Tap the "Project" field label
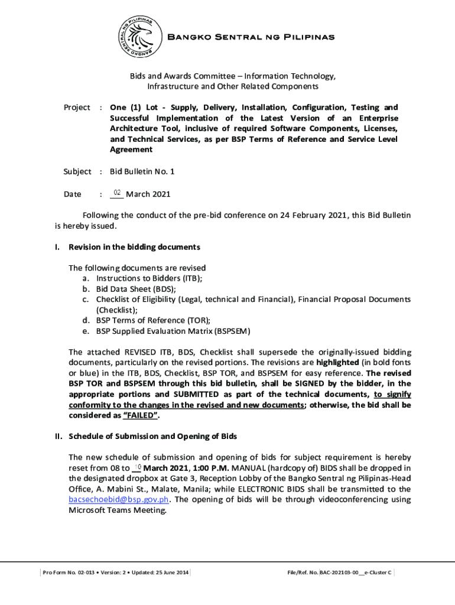click(x=77, y=108)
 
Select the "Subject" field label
click(x=77, y=171)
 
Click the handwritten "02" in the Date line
click(x=117, y=193)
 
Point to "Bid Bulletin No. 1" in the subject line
click(x=142, y=171)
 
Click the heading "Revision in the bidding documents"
click(x=135, y=246)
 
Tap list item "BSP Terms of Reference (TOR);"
click(x=153, y=320)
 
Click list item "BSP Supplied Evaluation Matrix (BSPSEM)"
click(x=173, y=331)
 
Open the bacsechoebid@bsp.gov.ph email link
click(x=120, y=500)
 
